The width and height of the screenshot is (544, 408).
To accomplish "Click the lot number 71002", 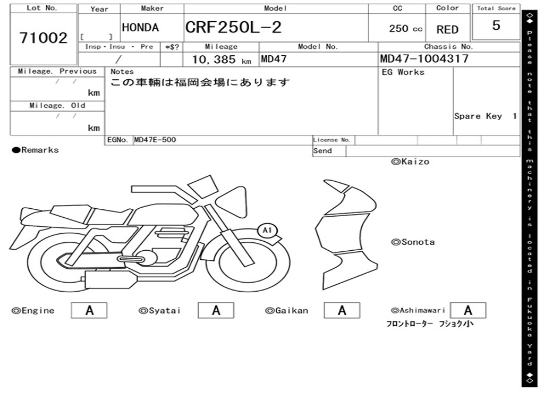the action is coord(44,38).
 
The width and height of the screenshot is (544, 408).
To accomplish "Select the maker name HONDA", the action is coord(140,28).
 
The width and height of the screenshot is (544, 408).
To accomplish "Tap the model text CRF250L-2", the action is coord(233,28).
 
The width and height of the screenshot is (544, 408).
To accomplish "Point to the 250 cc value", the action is coord(405,29).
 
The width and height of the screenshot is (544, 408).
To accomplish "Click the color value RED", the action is coord(447,30).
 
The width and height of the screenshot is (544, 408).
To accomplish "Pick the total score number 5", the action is coord(496,26).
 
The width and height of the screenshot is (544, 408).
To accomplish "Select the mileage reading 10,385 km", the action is coord(221,59).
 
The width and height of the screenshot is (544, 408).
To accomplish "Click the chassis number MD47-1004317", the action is coord(424,58).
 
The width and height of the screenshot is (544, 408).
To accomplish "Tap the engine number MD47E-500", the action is coord(155,140).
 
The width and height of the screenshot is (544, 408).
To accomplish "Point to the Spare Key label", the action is coord(478,116).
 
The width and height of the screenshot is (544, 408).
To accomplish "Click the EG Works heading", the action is coord(403,72).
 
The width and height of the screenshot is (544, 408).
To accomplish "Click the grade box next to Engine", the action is coord(89,310).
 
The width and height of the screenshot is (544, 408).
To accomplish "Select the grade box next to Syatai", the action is coord(216,310).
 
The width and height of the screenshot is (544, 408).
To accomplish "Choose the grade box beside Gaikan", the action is coord(342,310).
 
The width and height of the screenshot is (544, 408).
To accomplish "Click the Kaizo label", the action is coord(410,161).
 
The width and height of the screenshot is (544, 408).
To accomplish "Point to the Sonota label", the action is coord(413,242).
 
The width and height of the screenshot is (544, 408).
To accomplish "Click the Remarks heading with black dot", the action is coord(36,150).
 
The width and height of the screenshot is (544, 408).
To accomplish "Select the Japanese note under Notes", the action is coord(200,82).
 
